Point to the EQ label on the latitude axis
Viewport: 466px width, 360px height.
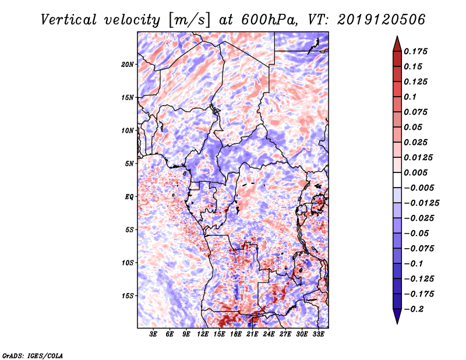(x=129, y=196)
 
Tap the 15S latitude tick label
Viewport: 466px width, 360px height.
(x=128, y=295)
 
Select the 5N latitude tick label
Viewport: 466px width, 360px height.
(x=130, y=163)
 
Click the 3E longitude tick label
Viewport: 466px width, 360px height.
(x=153, y=334)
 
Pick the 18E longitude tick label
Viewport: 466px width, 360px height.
(x=236, y=334)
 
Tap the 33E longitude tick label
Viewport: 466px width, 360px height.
(x=319, y=334)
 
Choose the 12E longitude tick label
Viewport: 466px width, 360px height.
(x=203, y=334)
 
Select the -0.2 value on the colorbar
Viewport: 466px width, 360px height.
(x=415, y=309)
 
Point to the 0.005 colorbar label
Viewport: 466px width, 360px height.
(x=417, y=172)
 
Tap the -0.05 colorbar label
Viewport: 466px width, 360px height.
(x=417, y=233)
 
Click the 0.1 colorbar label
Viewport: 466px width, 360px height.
(x=411, y=97)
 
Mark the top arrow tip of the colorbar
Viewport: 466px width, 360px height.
(x=396, y=37)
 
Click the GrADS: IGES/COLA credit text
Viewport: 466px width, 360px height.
(x=32, y=355)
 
